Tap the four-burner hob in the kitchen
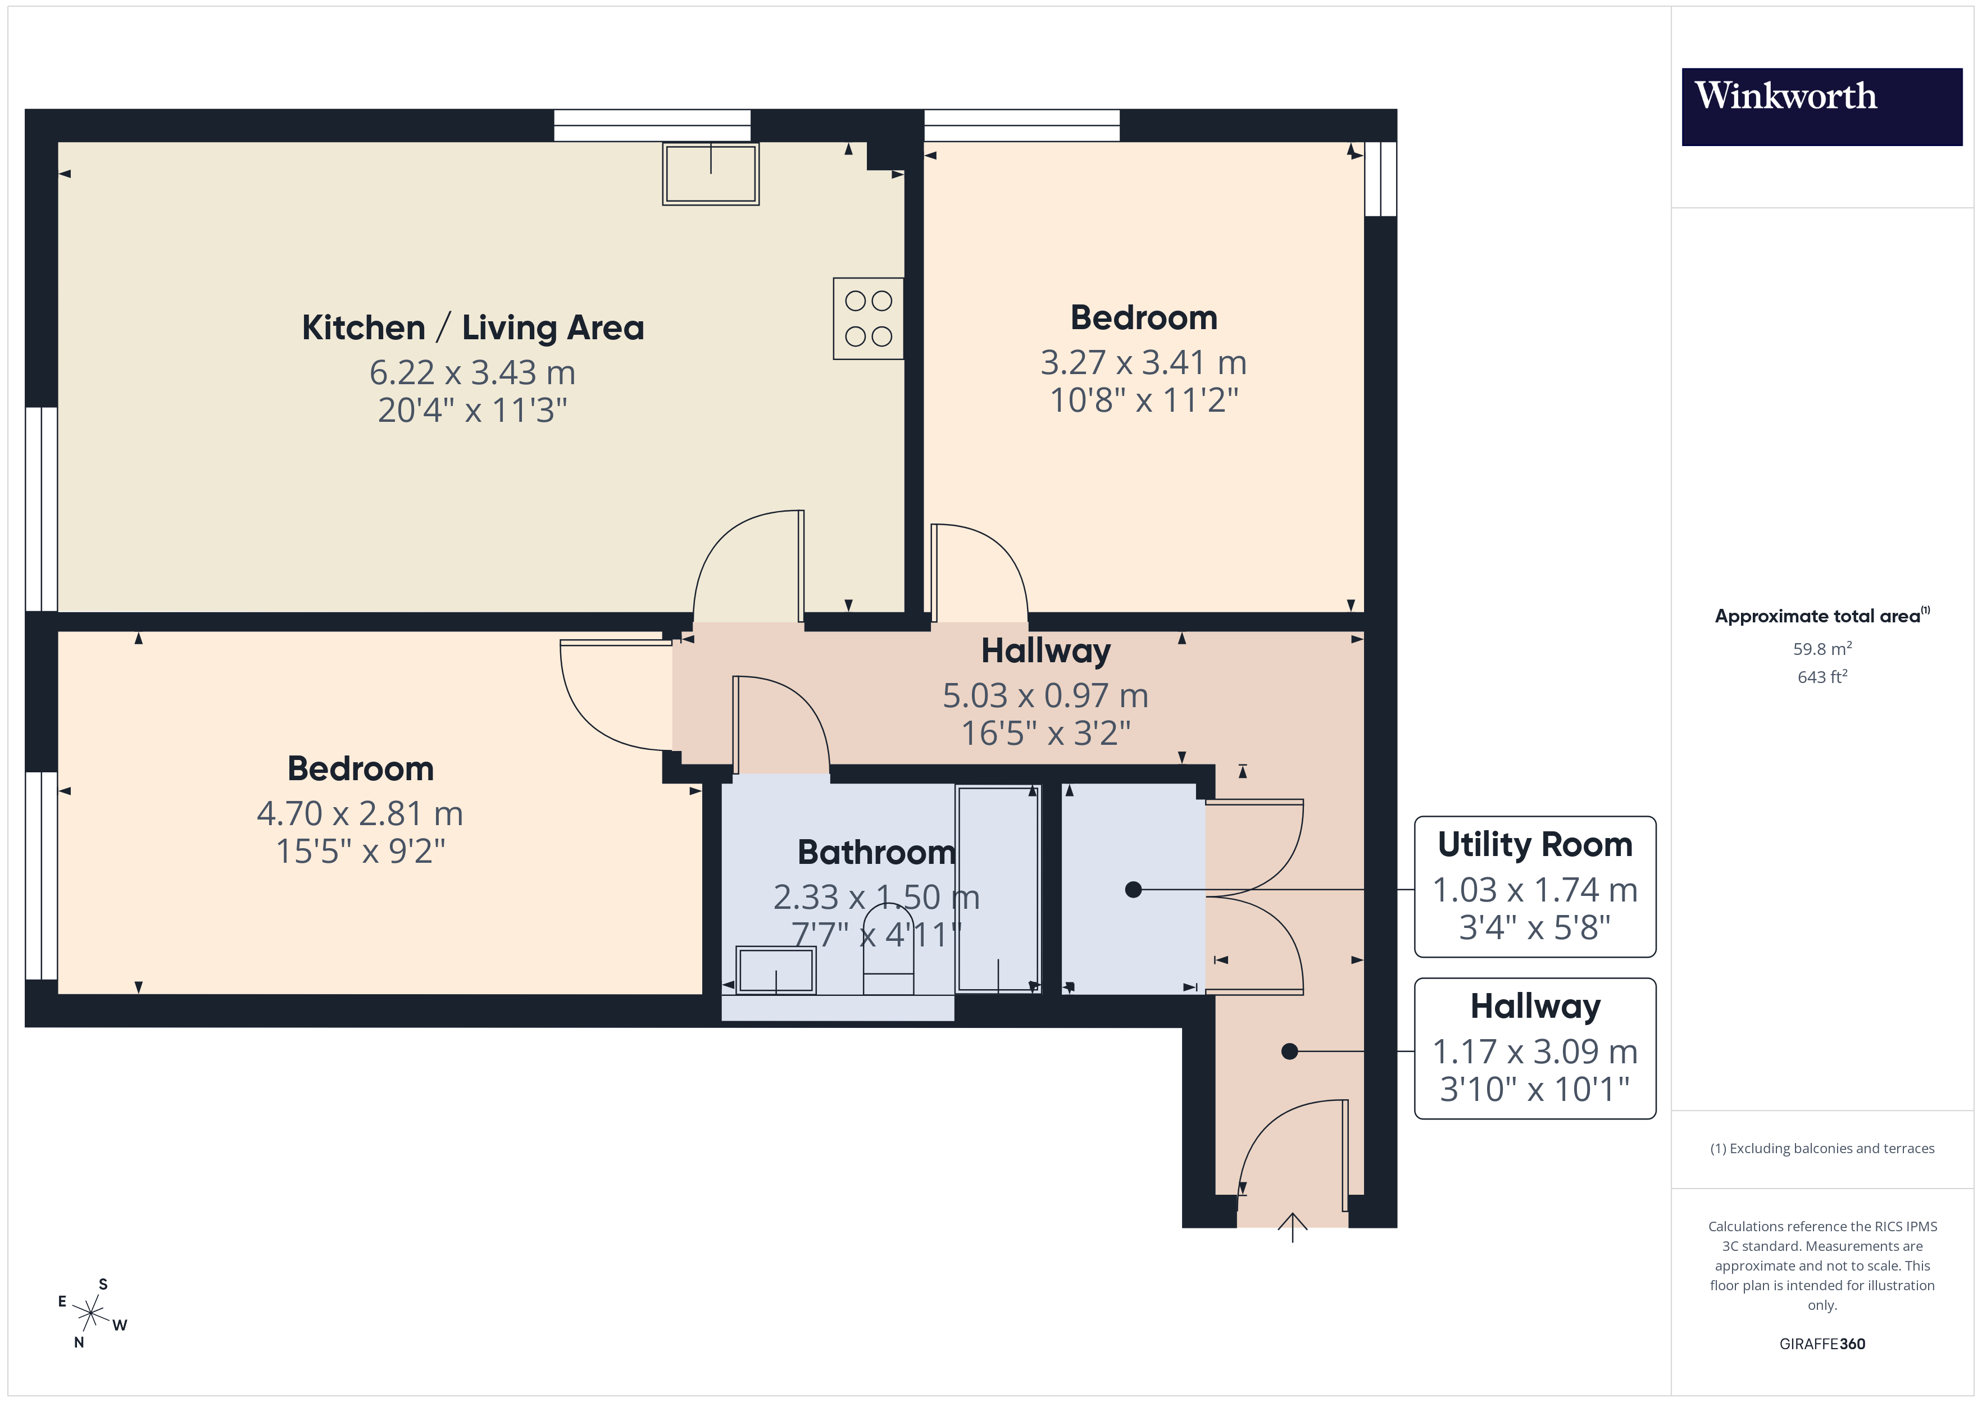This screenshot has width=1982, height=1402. [x=867, y=318]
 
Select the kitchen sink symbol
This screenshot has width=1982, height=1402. [x=711, y=174]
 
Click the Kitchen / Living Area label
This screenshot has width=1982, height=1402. [x=473, y=328]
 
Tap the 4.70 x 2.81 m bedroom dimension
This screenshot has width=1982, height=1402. [x=360, y=814]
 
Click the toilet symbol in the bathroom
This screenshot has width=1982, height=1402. [x=888, y=950]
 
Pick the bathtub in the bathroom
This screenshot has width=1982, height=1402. [x=998, y=889]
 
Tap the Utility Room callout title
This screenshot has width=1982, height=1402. [x=1534, y=844]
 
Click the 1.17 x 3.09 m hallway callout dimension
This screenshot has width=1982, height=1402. [x=1534, y=1051]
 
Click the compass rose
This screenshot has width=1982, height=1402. [x=90, y=1313]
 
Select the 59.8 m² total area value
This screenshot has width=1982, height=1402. [x=1821, y=648]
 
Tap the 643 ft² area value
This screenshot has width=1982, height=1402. [x=1821, y=677]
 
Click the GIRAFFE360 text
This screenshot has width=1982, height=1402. [x=1821, y=1344]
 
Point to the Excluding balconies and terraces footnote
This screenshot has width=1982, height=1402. [x=1821, y=1148]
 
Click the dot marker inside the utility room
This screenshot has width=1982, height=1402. [x=1134, y=889]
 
